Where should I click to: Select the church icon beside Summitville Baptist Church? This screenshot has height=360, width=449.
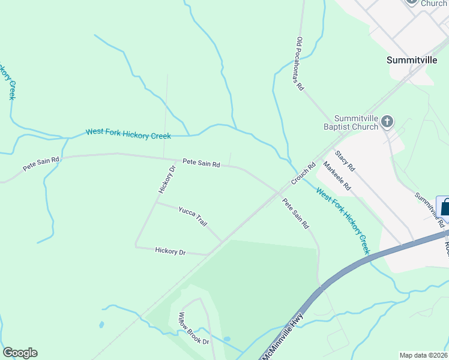point(387,122)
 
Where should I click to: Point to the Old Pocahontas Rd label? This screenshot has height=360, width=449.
point(301,64)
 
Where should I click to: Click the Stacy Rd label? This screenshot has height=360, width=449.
point(345,161)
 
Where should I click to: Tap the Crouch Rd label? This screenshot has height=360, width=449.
point(304,174)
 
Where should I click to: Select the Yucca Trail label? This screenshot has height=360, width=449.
point(193,216)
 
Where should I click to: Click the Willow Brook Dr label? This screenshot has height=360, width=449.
point(193,328)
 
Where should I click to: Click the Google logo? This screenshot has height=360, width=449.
point(20,353)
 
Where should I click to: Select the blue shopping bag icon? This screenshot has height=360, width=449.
point(445,208)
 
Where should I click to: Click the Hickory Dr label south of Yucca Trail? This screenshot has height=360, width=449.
point(170,251)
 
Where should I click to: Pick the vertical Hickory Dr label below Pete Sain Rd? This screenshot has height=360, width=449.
point(166,179)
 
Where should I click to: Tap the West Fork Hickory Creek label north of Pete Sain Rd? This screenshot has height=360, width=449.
point(128,134)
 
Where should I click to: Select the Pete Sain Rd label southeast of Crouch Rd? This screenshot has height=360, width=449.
point(295,214)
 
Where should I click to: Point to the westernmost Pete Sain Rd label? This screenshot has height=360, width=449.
point(41,164)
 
